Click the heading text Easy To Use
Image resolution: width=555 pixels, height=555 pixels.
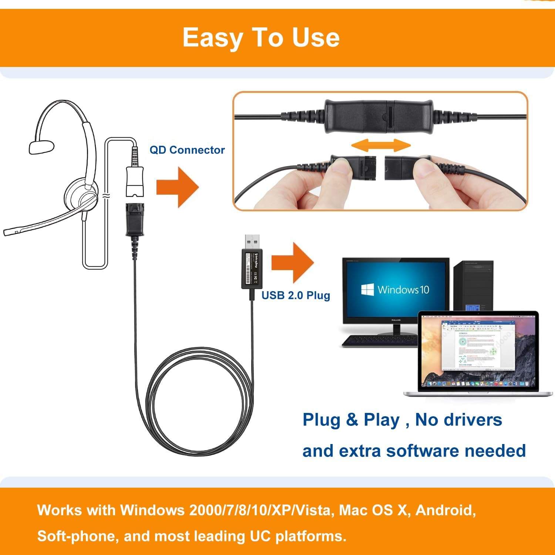pos(261,38)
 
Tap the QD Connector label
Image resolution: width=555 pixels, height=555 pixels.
pos(187,150)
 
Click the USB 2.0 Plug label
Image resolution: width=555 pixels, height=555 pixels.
pos(296,295)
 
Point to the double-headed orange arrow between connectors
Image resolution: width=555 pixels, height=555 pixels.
pos(381,145)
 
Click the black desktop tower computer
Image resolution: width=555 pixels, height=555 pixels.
pos(473,285)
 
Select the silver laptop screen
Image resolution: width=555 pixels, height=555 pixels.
pos(478,351)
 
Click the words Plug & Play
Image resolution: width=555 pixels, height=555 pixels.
pos(351,420)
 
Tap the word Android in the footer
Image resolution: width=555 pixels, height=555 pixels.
pos(445,510)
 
